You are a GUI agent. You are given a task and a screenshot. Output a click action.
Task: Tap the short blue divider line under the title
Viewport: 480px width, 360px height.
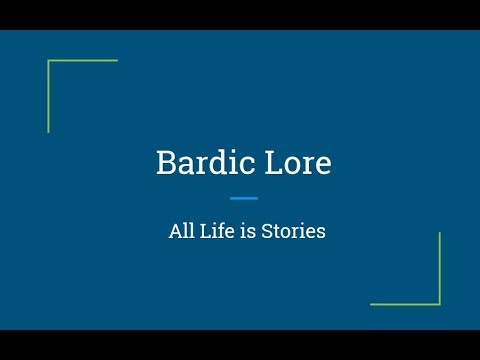point(243,198)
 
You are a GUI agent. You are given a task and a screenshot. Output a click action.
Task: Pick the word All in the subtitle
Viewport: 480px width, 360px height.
point(181,231)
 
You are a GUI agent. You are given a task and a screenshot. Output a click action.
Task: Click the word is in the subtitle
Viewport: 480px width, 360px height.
point(250,231)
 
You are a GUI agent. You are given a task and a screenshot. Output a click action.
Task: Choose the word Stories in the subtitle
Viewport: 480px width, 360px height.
point(295,231)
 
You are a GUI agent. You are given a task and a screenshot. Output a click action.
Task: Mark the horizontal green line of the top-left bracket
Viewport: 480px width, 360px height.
point(83,60)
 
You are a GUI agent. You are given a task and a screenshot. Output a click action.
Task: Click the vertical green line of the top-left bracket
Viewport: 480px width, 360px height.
point(48,96)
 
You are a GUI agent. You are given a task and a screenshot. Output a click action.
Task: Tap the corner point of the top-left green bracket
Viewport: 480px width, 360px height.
point(48,60)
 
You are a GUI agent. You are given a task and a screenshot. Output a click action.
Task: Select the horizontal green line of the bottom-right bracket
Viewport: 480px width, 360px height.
point(405,304)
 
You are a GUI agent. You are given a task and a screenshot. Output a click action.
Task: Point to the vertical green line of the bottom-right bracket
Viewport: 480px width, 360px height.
point(440,268)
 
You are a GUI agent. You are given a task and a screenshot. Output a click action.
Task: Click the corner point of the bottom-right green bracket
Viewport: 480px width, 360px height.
point(440,304)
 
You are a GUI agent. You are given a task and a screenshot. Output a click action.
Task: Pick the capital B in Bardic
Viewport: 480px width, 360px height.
point(165,163)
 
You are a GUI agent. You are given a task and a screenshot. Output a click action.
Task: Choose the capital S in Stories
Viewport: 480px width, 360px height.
point(270,231)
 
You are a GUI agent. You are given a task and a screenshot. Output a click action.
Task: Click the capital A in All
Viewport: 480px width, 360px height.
point(175,231)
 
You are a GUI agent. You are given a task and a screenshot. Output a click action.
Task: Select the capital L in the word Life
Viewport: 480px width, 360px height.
point(205,231)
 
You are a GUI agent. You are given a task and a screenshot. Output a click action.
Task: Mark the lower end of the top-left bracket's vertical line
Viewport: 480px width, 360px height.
point(48,130)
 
